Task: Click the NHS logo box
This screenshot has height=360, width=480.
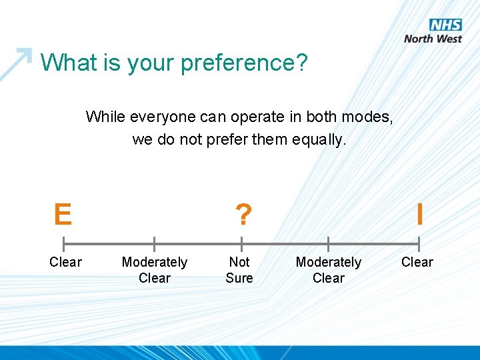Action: pos(446,25)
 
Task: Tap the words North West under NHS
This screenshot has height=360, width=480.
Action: pos(433,39)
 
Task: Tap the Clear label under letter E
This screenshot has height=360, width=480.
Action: pos(65,262)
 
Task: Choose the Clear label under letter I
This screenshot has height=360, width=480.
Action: pos(417,262)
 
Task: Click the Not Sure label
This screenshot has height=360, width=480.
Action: pos(239,270)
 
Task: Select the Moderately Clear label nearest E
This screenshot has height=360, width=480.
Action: pos(155,270)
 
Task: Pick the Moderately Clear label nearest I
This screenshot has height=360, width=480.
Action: pos(329,270)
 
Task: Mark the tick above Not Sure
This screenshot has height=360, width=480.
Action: pos(241,244)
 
